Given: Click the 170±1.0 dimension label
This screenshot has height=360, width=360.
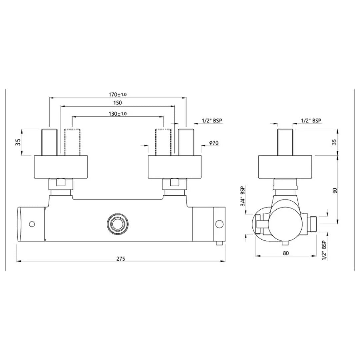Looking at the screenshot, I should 117,95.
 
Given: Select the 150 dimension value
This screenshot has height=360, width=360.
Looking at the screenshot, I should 117,103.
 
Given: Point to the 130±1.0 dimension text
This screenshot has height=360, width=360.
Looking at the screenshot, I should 117,114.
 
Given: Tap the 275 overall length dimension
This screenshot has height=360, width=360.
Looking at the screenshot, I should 121,259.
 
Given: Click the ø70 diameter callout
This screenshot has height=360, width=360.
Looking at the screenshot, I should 214,143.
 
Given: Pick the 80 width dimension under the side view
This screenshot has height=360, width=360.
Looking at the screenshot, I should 286,253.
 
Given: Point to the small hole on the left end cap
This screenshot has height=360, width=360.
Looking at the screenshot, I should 32,224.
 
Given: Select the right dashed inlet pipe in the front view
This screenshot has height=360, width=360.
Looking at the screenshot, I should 163,142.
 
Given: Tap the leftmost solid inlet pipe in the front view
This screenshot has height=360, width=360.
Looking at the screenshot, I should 49,142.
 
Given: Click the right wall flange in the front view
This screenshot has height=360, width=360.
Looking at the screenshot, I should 175,167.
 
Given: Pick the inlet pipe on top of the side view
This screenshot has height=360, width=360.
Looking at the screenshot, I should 285,142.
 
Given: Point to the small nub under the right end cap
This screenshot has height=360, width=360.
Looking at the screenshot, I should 218,243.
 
